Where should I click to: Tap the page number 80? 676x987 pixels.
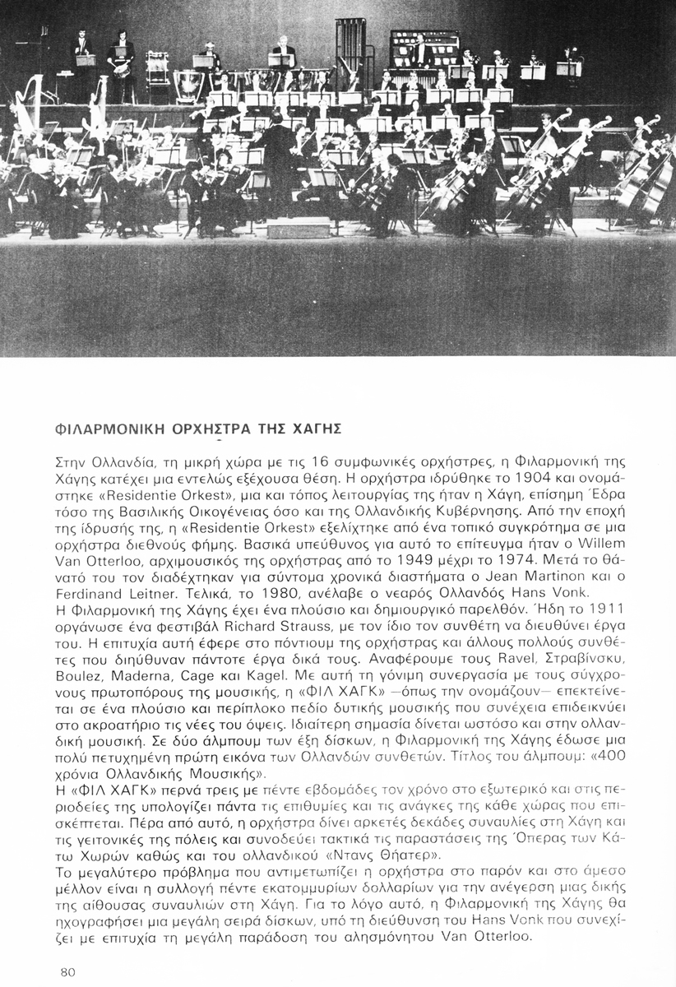(68, 971)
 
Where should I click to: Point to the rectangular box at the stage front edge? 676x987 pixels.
(298, 228)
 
